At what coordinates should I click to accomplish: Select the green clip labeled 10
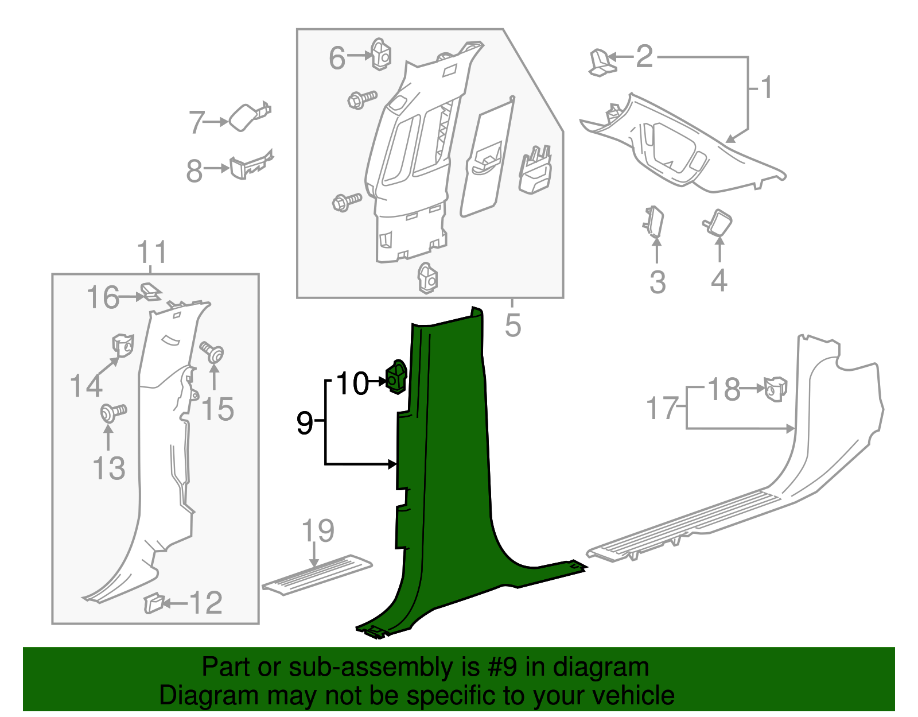coord(396,377)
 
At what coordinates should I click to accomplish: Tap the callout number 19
coord(318,531)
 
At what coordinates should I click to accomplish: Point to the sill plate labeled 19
coord(317,575)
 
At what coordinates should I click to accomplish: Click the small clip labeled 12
coord(153,603)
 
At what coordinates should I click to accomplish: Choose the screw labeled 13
coord(113,412)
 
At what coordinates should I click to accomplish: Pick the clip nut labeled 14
coord(123,345)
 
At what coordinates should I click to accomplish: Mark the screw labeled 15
coord(212,352)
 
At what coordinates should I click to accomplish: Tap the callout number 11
coord(153,252)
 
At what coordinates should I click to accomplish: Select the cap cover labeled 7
coord(249,116)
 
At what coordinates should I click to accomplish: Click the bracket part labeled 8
coord(251,164)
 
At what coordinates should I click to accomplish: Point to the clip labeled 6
coord(381,54)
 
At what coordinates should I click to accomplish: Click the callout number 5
coord(513,325)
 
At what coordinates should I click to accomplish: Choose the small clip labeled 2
coord(602,63)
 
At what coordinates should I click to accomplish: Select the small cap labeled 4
coord(718,223)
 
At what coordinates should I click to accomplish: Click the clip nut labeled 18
coord(776,389)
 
